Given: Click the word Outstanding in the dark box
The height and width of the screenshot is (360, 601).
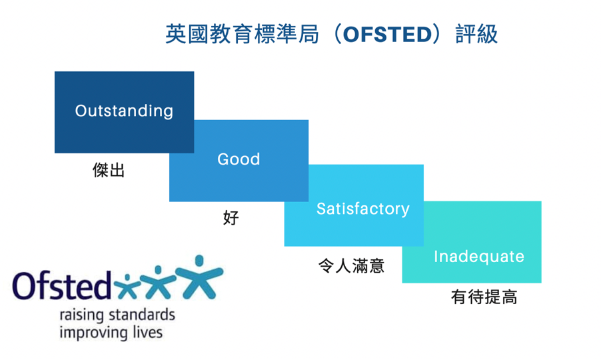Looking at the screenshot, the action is (x=124, y=111).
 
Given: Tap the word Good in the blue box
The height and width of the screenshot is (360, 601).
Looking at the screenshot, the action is (x=239, y=159).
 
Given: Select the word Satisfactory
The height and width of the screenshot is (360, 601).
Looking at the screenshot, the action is (x=363, y=209).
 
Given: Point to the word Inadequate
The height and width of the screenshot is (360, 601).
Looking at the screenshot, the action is (x=478, y=257).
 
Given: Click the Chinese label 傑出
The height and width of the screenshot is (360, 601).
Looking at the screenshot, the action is (x=109, y=170).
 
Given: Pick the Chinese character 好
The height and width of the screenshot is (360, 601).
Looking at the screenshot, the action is (x=231, y=217).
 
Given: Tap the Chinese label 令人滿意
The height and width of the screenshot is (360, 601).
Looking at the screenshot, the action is (x=351, y=265).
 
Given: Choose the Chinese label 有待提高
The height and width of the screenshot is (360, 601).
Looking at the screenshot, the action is (x=484, y=297).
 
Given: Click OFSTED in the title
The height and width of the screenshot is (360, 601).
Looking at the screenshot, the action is (x=388, y=34).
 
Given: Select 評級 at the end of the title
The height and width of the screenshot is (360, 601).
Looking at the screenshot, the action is (x=477, y=34).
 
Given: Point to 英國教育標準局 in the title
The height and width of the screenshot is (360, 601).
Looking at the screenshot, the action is (x=243, y=34).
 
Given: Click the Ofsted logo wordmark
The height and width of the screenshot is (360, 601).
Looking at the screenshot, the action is (x=62, y=285).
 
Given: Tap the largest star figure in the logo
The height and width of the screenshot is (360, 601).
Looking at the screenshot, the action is (x=199, y=277).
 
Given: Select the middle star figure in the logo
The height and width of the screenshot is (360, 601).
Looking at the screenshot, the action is (x=159, y=282).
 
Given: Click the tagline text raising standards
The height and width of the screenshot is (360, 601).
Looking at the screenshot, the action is (x=117, y=315).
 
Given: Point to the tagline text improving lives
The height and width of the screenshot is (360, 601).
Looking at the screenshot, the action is (x=111, y=333).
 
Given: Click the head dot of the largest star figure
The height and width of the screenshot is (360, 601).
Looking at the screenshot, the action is (x=199, y=261).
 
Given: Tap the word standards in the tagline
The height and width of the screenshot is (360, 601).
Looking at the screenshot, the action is (x=142, y=315).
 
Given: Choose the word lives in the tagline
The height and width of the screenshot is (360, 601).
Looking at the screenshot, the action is (x=148, y=331).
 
